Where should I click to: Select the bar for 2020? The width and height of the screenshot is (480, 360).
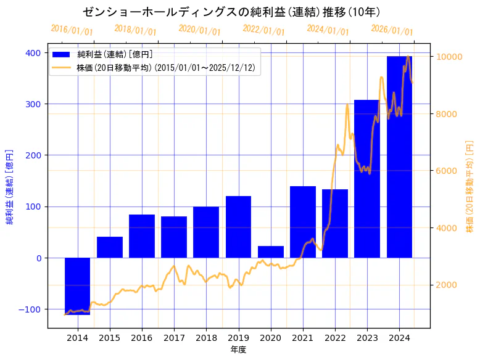(x=271, y=252)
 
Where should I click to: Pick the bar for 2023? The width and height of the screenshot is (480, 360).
(x=367, y=179)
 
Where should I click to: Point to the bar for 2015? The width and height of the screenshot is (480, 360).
(x=110, y=247)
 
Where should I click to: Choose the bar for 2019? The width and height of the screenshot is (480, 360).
(x=238, y=227)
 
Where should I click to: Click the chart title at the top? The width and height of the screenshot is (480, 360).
(x=231, y=12)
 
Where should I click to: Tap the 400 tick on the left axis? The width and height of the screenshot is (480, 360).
(x=34, y=53)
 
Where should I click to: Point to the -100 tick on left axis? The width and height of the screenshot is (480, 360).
(x=31, y=309)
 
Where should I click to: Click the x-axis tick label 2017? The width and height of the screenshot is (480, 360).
(x=174, y=338)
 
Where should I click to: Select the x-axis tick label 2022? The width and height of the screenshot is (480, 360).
(x=335, y=338)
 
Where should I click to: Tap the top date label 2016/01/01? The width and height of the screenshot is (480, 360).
(x=72, y=30)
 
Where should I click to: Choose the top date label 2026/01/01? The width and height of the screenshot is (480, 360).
(x=392, y=30)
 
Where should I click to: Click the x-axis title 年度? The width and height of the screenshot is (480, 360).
(x=238, y=350)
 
